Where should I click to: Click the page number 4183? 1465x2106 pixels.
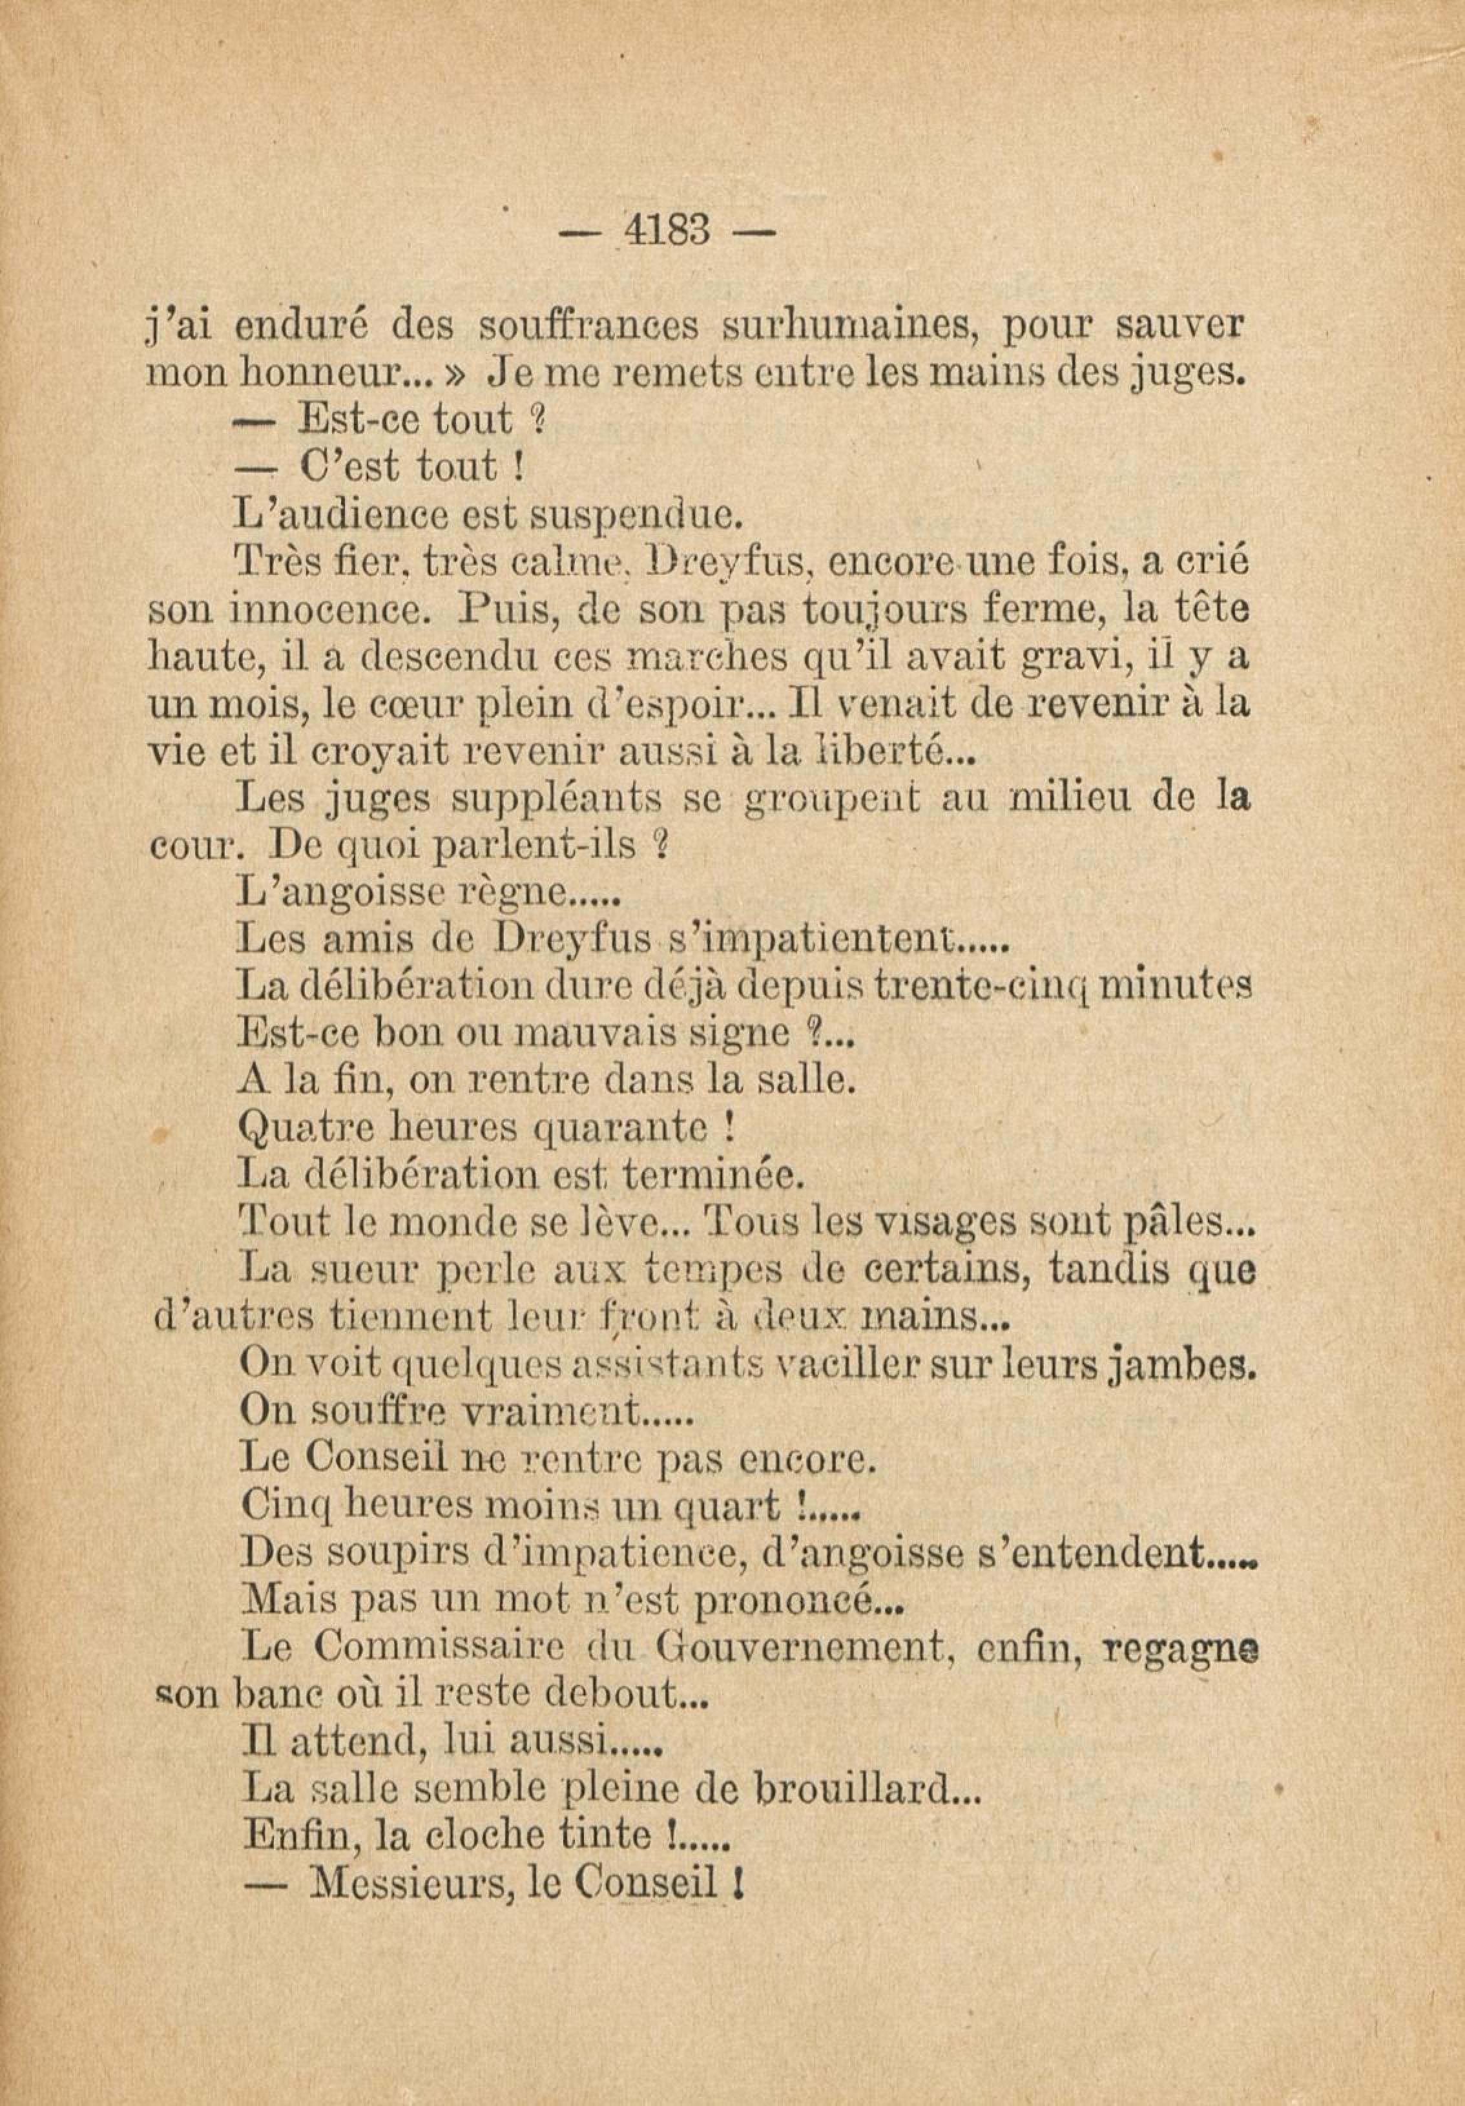667,230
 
